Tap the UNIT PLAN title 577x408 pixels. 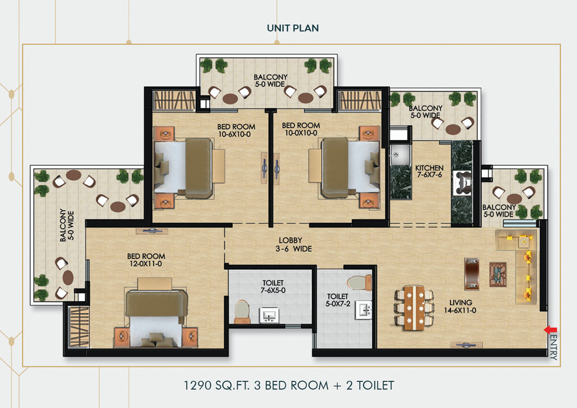[x=293, y=28]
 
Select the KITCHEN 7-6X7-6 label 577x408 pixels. [x=429, y=172]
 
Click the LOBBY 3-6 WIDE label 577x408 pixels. [x=291, y=244]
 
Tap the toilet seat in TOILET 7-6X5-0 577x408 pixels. [x=242, y=311]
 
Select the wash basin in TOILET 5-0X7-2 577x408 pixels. [x=362, y=309]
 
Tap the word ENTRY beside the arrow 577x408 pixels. [x=553, y=347]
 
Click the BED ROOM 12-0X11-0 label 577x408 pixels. [x=146, y=260]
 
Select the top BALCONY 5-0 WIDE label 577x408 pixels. [x=270, y=81]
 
